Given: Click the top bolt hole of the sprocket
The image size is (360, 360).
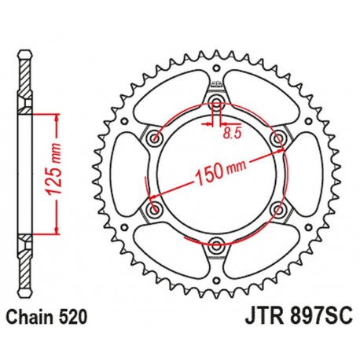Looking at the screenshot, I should tap(215, 104).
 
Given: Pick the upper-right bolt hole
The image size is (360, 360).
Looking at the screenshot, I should tap(277, 139).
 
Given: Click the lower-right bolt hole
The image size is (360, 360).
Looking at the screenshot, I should tap(277, 210).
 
